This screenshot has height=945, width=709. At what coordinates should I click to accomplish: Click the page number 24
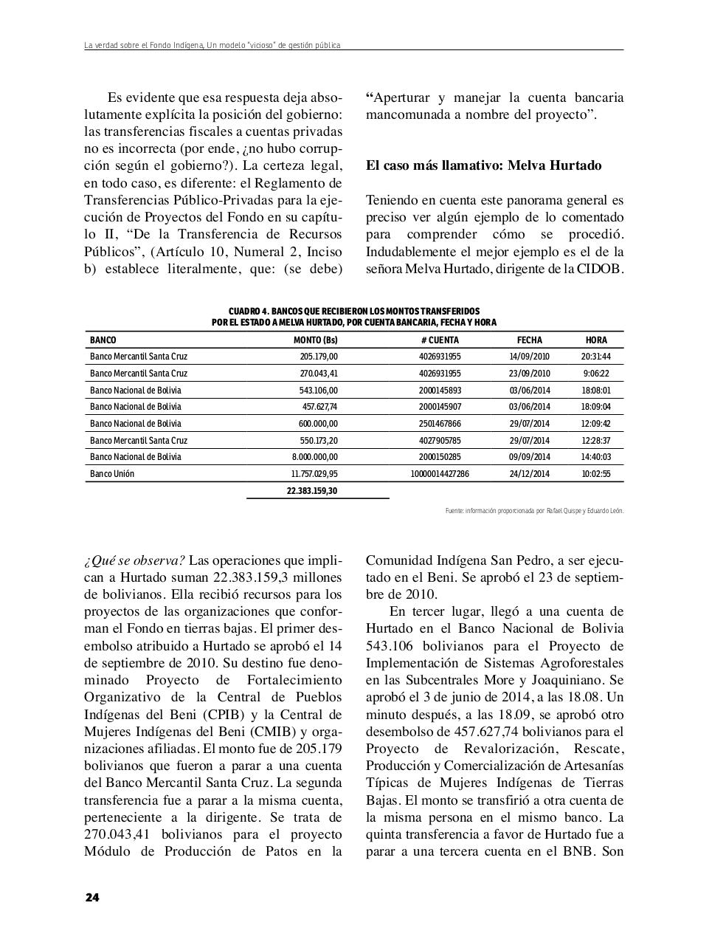tap(91, 898)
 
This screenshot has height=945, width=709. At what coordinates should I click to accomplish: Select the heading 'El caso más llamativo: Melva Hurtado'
tap(483, 165)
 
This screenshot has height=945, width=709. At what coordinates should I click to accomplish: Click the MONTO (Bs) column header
tap(315, 340)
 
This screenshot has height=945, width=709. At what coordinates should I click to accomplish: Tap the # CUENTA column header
tap(439, 340)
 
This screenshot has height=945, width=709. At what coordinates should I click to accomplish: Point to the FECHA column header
tap(529, 340)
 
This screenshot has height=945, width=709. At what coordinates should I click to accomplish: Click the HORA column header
tap(596, 340)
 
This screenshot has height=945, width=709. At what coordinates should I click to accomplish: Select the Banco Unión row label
tap(112, 474)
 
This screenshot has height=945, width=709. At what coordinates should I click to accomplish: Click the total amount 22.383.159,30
tap(311, 491)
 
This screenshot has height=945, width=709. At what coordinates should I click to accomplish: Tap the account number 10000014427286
tap(439, 474)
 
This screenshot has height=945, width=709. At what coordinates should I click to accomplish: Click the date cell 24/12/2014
tap(529, 474)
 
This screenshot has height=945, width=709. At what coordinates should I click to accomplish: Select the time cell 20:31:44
tap(596, 357)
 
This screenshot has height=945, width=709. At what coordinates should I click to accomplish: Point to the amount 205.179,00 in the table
tap(319, 357)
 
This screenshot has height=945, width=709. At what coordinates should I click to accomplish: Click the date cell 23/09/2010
tap(529, 374)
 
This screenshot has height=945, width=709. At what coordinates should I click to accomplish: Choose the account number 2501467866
tap(439, 424)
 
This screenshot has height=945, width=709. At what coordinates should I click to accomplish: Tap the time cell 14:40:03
tap(596, 457)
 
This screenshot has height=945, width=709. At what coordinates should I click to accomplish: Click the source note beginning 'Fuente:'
tap(534, 510)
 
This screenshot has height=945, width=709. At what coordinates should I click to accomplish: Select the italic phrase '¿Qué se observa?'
tap(134, 560)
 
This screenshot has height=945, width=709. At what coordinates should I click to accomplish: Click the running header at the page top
tap(212, 46)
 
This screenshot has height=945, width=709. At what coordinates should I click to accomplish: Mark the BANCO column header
tap(103, 340)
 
